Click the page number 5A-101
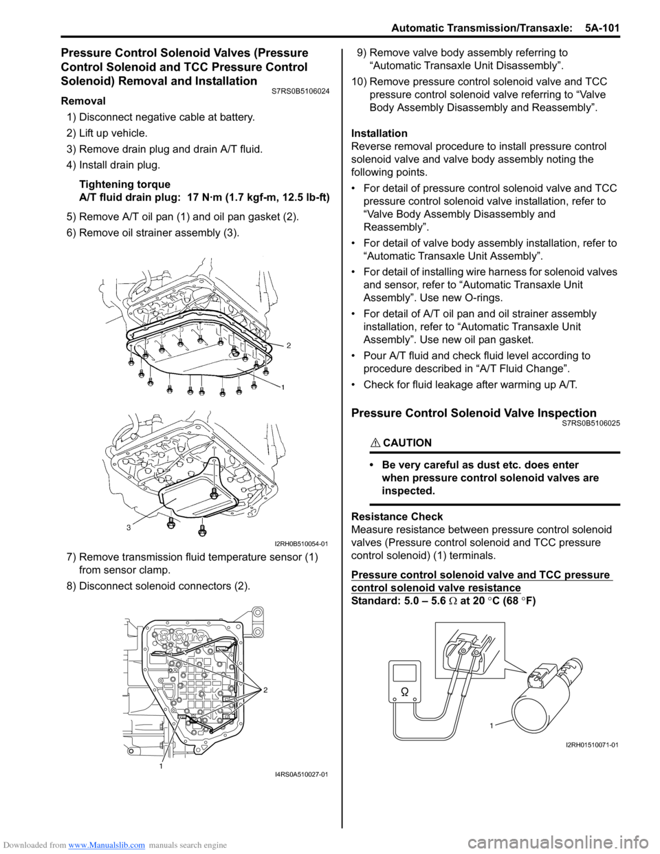click(x=602, y=28)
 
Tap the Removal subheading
click(x=83, y=101)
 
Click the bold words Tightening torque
click(x=124, y=184)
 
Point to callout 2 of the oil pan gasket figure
click(x=289, y=345)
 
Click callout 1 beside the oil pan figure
click(x=283, y=388)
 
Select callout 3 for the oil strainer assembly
click(x=128, y=527)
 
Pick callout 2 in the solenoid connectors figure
click(x=265, y=689)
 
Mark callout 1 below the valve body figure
click(x=160, y=766)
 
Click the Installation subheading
click(x=379, y=133)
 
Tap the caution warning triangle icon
click(x=374, y=443)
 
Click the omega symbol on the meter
click(x=405, y=691)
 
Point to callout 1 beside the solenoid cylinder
click(x=492, y=725)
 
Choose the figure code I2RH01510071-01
click(x=592, y=745)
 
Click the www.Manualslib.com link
click(x=107, y=845)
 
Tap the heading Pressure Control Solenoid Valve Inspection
click(x=474, y=413)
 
